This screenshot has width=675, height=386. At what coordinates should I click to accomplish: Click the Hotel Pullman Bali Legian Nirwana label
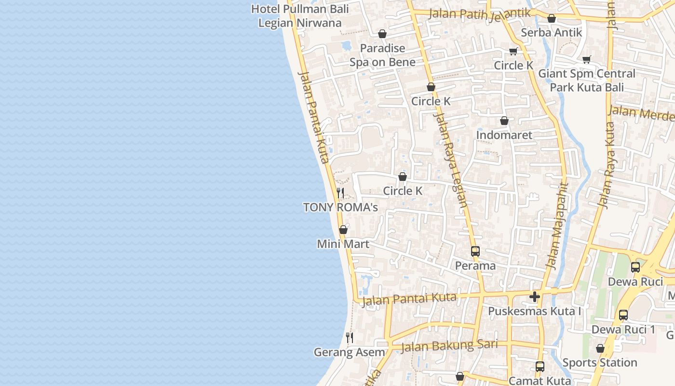point(300,16)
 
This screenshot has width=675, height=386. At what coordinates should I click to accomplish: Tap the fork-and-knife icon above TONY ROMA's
point(340,193)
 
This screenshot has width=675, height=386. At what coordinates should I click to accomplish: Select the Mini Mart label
point(343,244)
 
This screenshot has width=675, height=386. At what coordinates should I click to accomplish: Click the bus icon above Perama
point(475,251)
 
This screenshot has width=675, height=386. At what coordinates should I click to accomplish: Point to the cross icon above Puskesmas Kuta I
point(534,297)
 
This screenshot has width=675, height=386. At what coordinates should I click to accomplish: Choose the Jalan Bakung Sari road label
point(449,345)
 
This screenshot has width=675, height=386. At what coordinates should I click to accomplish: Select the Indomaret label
point(504,135)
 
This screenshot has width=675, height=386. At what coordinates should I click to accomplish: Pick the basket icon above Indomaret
point(504,121)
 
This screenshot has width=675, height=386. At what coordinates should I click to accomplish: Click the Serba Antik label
point(552,33)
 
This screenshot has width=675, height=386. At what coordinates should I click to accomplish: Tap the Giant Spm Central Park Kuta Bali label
point(587,81)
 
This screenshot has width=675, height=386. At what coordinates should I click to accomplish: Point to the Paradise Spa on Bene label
point(382,55)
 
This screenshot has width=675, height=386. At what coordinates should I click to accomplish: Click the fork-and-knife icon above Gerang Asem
point(350,337)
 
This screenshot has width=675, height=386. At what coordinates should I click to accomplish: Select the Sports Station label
point(600,362)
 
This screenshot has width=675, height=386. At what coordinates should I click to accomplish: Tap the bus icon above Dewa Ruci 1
point(623,315)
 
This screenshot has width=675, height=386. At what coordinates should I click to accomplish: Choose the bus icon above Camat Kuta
point(540,367)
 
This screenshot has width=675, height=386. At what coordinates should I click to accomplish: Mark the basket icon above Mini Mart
point(343,230)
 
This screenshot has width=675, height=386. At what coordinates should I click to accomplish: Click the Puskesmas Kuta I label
point(534,311)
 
